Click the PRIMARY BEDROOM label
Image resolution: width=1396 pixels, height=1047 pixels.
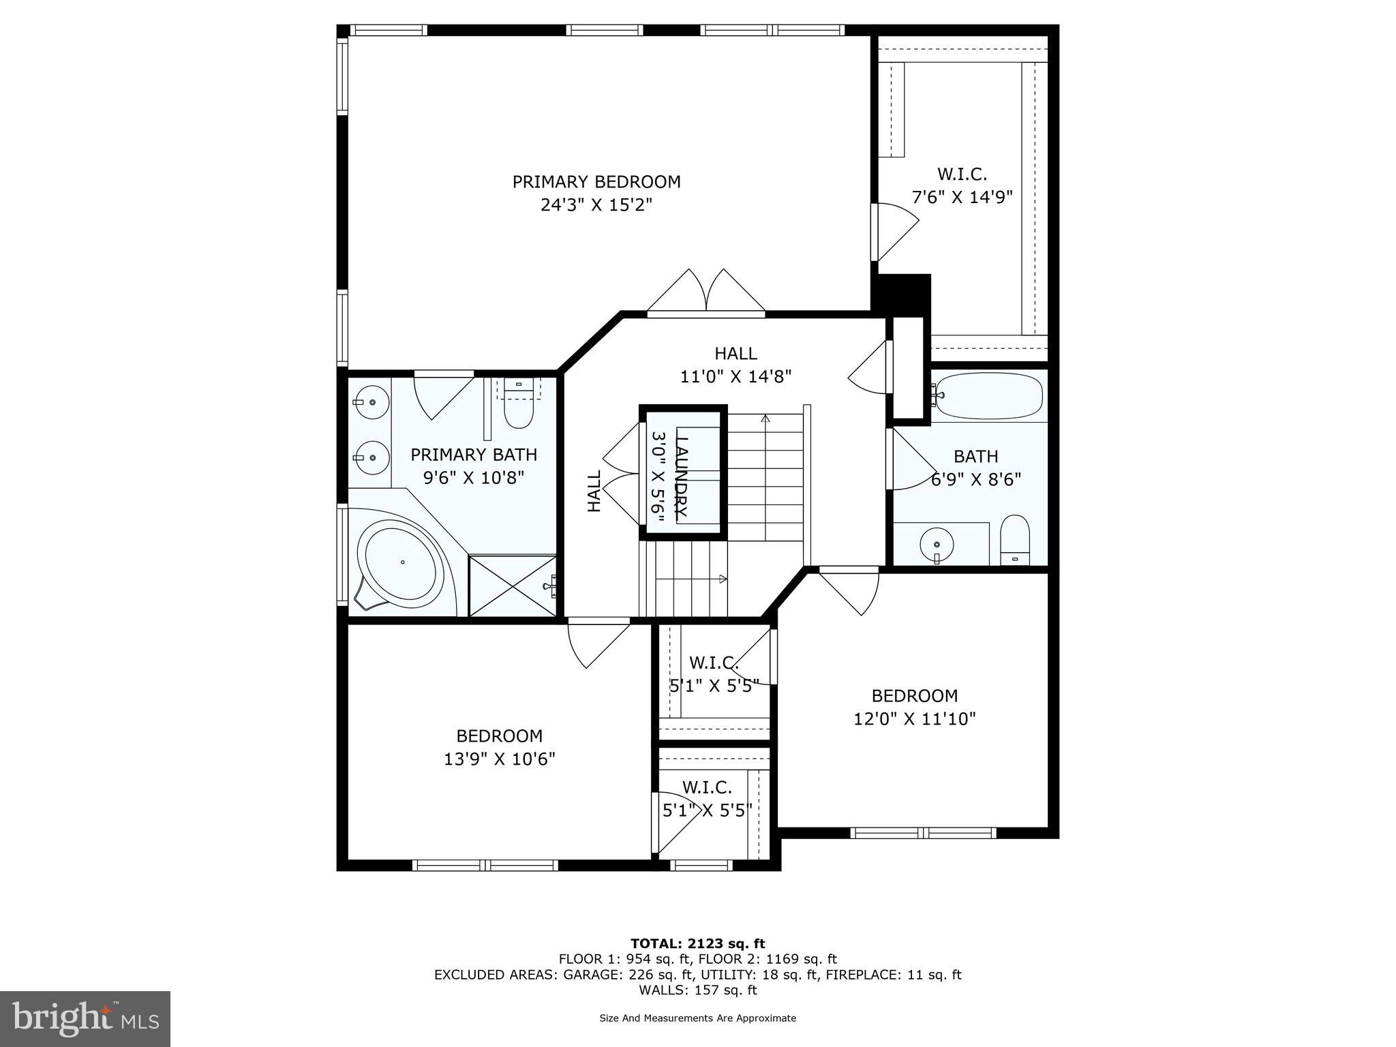tap(596, 182)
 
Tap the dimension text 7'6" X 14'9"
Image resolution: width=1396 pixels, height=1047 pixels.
tap(962, 198)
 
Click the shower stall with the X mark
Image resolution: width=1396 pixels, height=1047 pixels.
tap(512, 586)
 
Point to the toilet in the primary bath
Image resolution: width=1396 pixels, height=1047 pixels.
tap(519, 408)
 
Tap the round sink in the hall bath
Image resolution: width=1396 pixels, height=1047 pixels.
tap(937, 544)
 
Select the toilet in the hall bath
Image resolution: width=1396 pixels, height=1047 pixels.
tap(1015, 540)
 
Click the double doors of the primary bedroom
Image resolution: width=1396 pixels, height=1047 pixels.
tap(706, 293)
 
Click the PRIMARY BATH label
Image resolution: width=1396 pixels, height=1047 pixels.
tap(474, 455)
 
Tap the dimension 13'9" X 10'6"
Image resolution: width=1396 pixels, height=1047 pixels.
tap(500, 759)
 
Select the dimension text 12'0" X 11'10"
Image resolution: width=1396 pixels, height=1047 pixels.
tap(915, 718)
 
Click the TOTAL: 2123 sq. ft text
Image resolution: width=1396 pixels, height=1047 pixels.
tap(697, 943)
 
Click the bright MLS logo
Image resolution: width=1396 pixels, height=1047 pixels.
tap(85, 1018)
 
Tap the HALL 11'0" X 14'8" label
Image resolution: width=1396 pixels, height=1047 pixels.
tap(735, 365)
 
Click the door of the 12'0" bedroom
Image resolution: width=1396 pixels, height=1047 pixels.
tap(849, 590)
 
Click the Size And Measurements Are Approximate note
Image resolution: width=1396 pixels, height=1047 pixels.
tap(697, 1018)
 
